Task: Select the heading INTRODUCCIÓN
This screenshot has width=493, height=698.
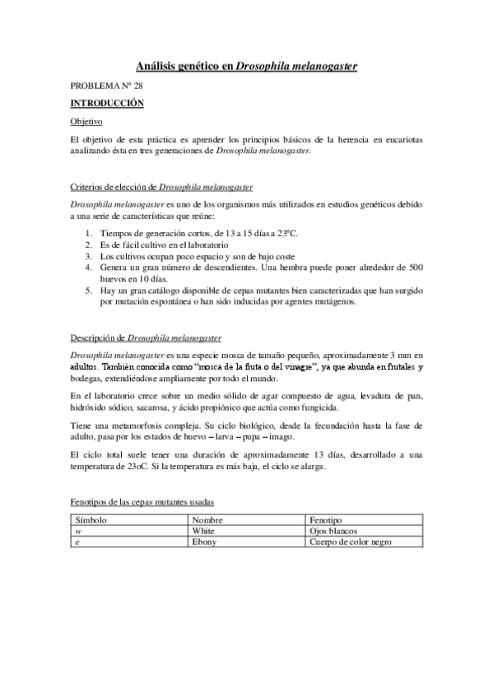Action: (107, 103)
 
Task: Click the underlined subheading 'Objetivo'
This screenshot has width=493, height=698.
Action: (86, 121)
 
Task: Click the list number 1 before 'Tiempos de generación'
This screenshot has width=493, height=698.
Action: (89, 235)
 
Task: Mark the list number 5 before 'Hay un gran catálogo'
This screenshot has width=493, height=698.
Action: (89, 291)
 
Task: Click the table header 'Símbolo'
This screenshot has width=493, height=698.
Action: (91, 521)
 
